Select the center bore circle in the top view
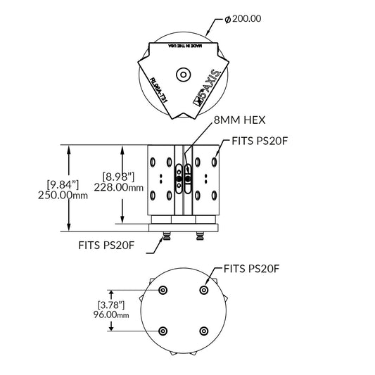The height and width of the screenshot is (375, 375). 184,72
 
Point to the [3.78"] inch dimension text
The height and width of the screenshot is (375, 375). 111,305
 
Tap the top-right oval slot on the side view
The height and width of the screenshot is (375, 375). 213,163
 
